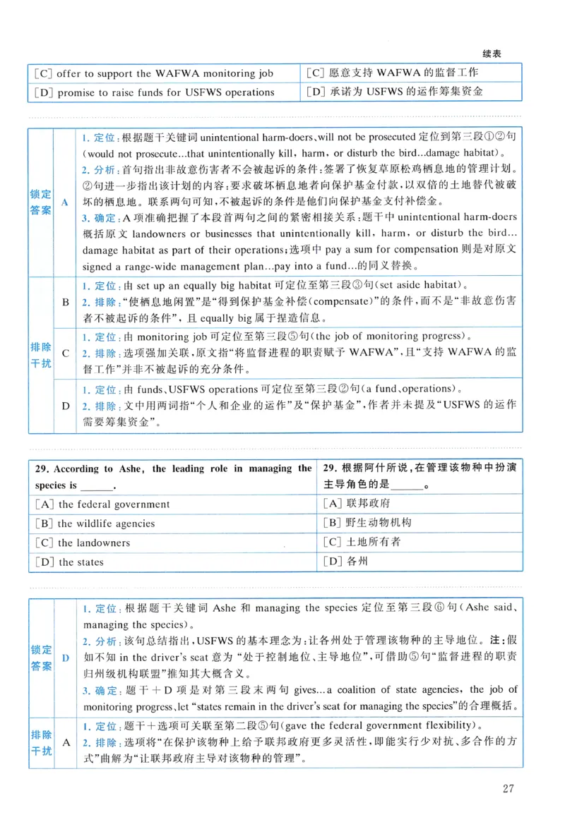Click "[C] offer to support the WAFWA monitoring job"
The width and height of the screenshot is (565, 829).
click(x=153, y=73)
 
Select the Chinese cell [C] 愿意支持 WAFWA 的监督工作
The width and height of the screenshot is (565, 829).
click(x=393, y=73)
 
